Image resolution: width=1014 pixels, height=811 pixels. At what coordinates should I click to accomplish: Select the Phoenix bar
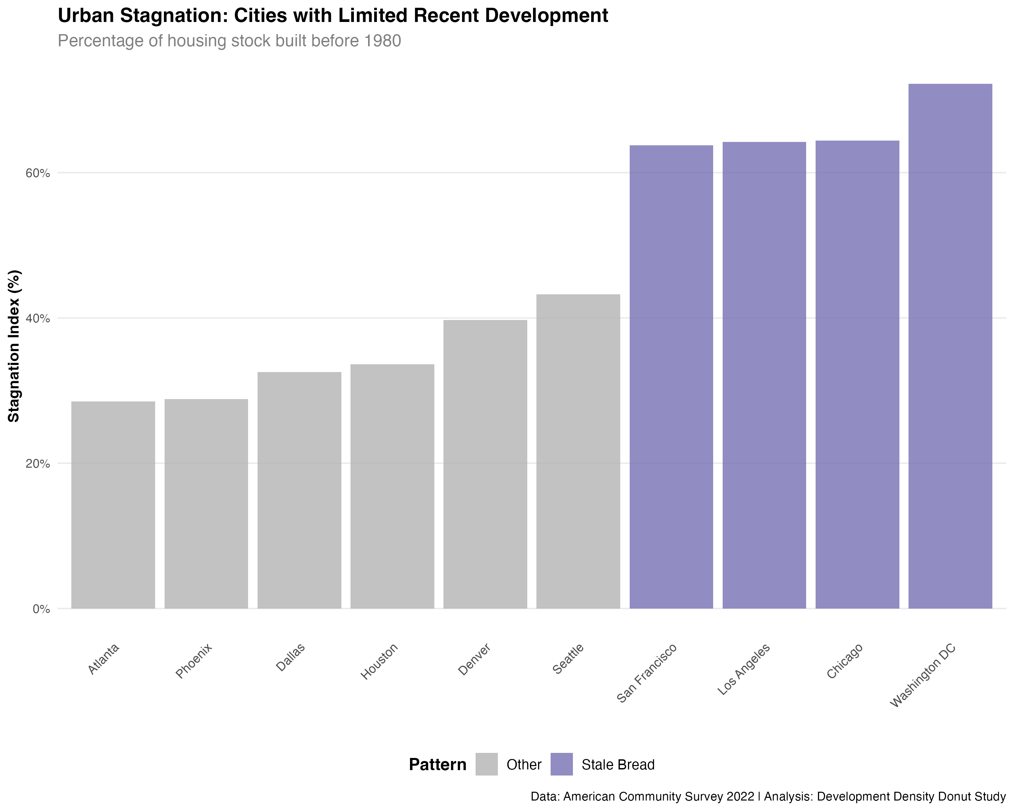206,503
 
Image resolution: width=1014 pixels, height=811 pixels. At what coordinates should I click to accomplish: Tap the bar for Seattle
578,451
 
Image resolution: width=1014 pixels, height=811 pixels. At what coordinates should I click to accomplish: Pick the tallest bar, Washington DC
950,346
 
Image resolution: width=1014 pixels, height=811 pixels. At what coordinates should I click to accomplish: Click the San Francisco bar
671,376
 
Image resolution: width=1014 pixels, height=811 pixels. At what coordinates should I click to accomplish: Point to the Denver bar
485,464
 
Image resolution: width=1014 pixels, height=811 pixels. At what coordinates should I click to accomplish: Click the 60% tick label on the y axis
38,173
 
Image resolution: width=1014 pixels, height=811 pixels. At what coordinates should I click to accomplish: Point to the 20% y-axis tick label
38,464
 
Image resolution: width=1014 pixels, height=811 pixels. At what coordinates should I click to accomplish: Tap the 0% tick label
41,609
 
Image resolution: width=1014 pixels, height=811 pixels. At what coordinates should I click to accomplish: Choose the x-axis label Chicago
845,661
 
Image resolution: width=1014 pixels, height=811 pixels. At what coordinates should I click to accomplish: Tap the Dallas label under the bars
290,657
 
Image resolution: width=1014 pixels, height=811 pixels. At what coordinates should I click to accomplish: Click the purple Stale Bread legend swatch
561,764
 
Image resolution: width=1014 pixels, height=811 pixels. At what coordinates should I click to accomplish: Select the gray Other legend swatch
486,764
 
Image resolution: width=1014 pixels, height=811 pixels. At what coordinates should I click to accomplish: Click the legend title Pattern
437,765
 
